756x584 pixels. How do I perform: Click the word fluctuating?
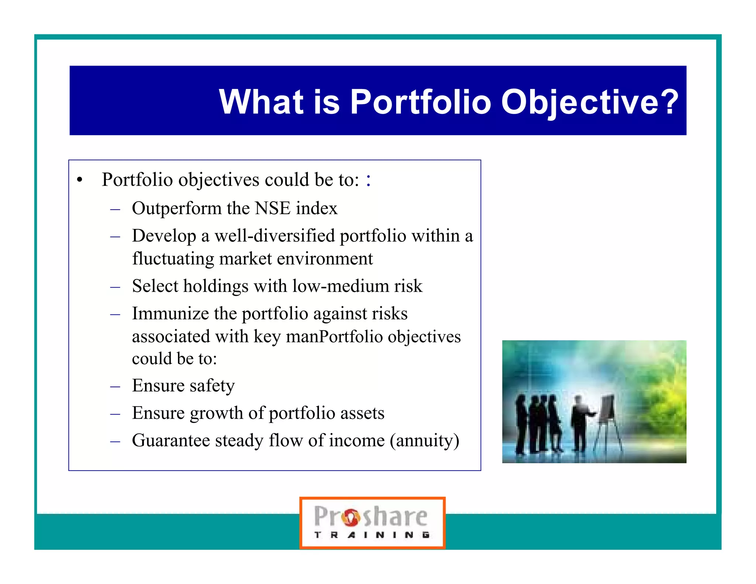[x=173, y=259]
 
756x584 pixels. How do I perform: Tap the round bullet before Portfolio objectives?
[x=79, y=180]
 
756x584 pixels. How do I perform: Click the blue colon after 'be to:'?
[x=368, y=180]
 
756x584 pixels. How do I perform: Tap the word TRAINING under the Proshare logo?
[x=372, y=535]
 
